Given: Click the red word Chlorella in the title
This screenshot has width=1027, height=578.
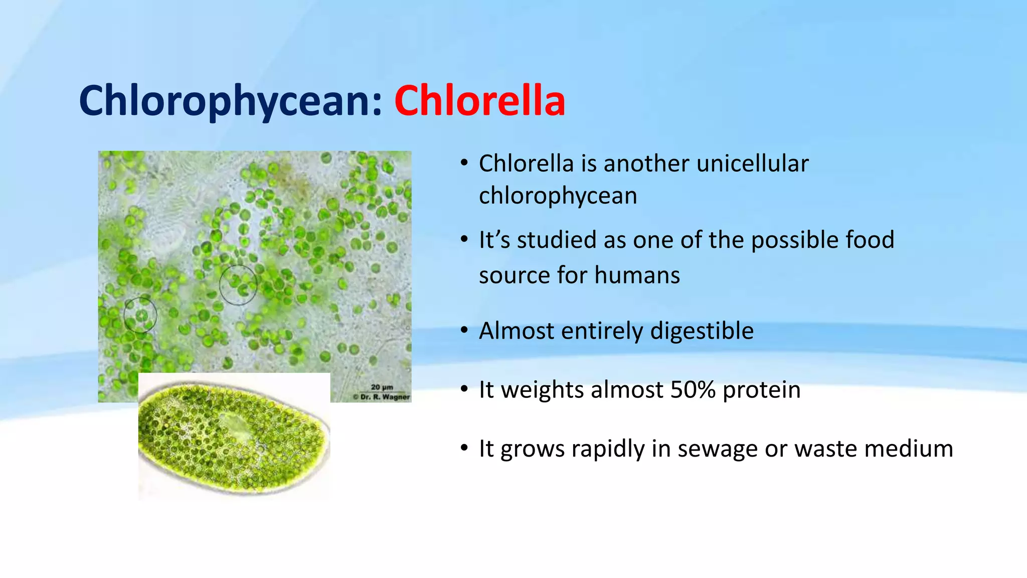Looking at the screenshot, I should pos(479,101).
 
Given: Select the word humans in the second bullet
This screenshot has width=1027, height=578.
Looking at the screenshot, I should pos(637,275).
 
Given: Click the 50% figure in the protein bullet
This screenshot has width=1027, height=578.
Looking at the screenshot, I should pos(693,390).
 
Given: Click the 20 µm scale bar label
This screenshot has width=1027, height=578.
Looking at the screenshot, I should pos(382,387).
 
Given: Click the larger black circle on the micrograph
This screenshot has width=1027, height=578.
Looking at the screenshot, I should pos(238,285).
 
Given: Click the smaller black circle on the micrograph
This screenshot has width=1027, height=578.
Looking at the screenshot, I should pos(140,315).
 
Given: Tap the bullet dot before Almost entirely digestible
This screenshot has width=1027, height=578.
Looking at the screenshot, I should pos(464,331).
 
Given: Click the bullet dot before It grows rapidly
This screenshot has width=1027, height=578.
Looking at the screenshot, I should pos(464,448).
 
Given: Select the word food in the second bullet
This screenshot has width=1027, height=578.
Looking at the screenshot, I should pos(870,240).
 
